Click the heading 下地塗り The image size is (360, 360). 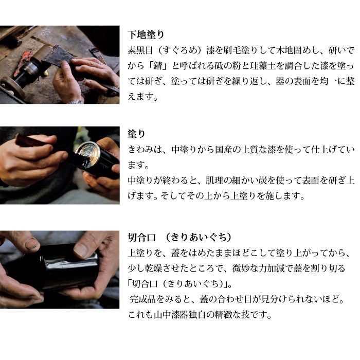pos(146,34)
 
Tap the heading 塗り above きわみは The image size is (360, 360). pos(137,134)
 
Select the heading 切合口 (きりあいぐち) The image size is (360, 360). pos(179,238)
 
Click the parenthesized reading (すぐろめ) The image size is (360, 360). pos(179,50)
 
